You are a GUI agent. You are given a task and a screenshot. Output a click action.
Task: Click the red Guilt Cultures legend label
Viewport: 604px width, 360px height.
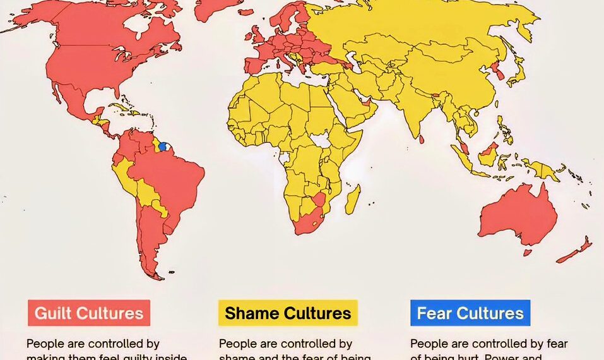pos(89,313)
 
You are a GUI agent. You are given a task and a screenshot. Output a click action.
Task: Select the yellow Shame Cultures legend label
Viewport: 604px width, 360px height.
pos(288,313)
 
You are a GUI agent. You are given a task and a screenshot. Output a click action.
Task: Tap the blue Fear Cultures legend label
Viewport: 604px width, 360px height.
pos(470,313)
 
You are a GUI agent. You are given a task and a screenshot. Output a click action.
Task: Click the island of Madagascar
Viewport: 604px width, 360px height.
pos(353,198)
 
